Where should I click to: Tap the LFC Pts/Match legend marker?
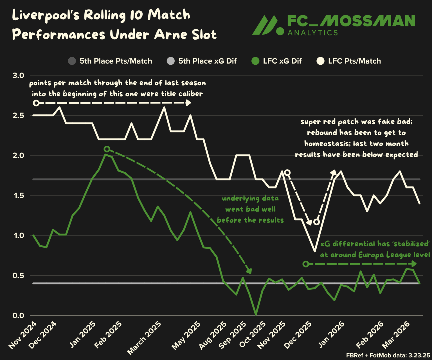[320, 61]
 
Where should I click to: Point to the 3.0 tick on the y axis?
[18, 75]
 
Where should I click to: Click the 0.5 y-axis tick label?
[18, 276]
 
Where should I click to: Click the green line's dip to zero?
[256, 315]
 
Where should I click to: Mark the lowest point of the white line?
[315, 251]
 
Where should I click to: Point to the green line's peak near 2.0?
[105, 154]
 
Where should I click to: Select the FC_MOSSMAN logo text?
[351, 21]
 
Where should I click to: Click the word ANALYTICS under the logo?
[312, 33]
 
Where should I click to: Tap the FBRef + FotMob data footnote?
[388, 355]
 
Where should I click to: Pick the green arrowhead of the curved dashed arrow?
[249, 271]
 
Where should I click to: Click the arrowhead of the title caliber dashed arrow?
[188, 103]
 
